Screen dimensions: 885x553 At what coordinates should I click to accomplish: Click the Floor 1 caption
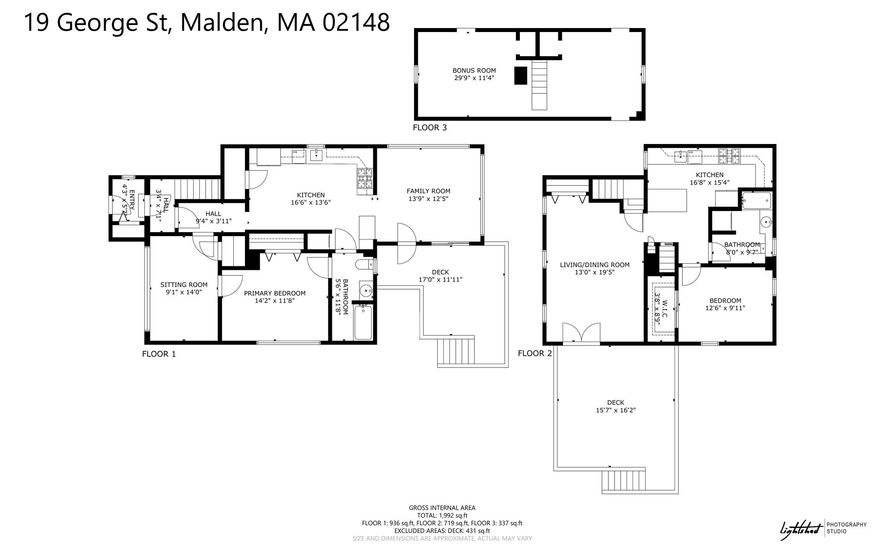coord(159,354)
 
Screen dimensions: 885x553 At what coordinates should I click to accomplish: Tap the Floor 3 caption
coord(430,128)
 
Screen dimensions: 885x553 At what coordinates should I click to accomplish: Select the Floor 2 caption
coord(535,354)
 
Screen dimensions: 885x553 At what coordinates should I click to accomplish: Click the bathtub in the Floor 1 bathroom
coord(363,322)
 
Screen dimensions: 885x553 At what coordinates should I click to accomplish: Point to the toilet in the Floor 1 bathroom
coord(364,264)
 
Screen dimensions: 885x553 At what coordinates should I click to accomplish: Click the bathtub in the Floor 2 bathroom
coord(756,201)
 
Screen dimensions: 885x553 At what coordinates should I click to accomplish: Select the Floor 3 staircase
coord(539,85)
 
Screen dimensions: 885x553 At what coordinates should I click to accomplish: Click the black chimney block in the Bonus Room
coord(521,76)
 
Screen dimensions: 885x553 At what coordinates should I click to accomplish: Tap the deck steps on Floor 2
coord(623,481)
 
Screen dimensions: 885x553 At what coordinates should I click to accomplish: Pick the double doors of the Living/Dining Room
coord(581,333)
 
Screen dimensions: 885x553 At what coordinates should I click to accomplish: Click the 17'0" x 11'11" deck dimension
coord(440,280)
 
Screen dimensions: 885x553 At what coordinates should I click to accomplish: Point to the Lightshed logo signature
coord(800,529)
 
